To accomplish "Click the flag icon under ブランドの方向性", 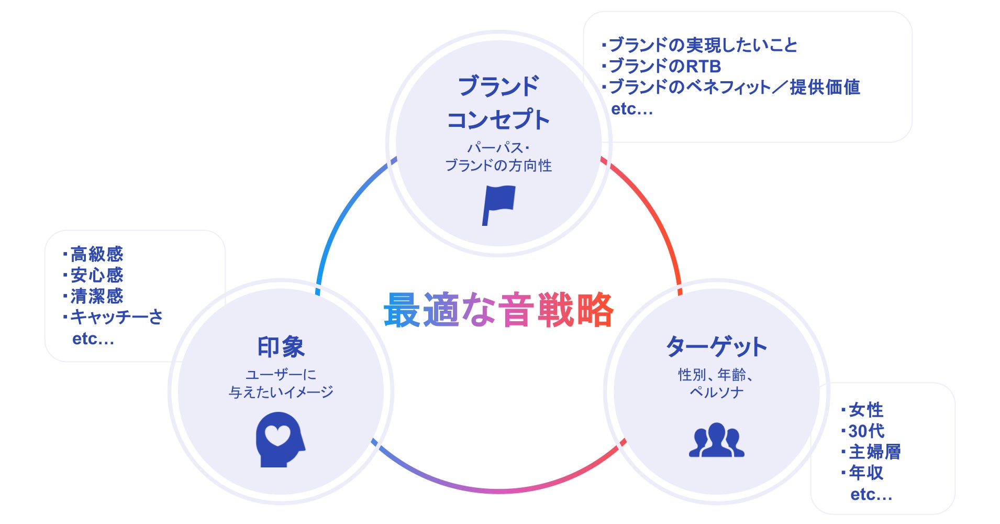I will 498,204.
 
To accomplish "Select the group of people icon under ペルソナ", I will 716,440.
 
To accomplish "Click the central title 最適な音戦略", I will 498,310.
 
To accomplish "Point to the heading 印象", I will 281,347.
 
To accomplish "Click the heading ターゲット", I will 716,347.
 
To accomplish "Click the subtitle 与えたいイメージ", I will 281,392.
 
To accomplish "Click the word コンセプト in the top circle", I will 498,120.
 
